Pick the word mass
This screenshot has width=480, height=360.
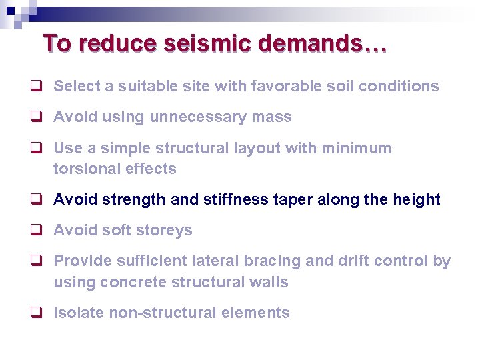pyautogui.click(x=272, y=117)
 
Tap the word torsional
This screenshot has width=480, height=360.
pyautogui.click(x=83, y=169)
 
